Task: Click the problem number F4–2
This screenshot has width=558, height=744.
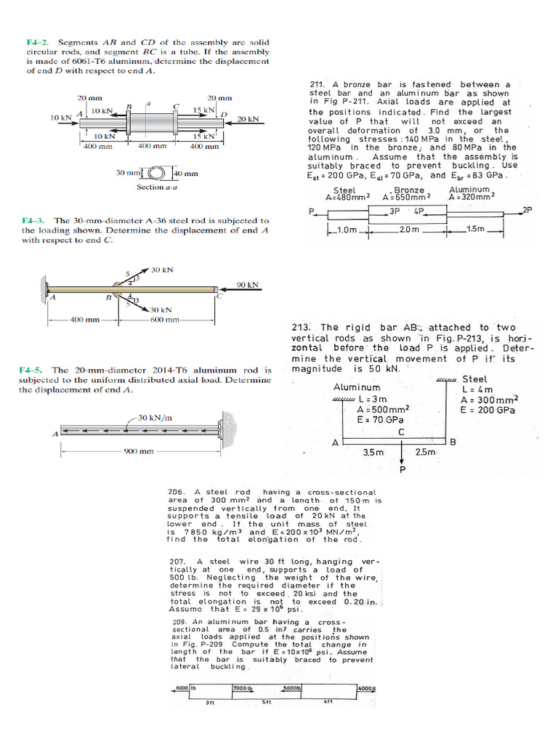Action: tap(37, 42)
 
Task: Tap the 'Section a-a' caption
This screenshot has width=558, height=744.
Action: tap(157, 187)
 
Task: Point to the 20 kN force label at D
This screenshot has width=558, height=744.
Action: tap(248, 119)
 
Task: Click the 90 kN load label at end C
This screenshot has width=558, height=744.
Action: tap(248, 285)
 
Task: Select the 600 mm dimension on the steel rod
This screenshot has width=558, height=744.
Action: tap(164, 320)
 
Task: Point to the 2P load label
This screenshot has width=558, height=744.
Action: tap(527, 210)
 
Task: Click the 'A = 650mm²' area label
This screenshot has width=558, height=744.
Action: tap(406, 197)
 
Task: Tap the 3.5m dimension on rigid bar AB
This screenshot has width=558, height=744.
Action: tap(373, 452)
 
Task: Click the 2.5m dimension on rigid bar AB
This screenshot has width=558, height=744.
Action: tap(425, 452)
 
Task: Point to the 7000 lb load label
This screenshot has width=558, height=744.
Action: tap(242, 688)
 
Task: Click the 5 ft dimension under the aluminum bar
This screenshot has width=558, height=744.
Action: tap(266, 703)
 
